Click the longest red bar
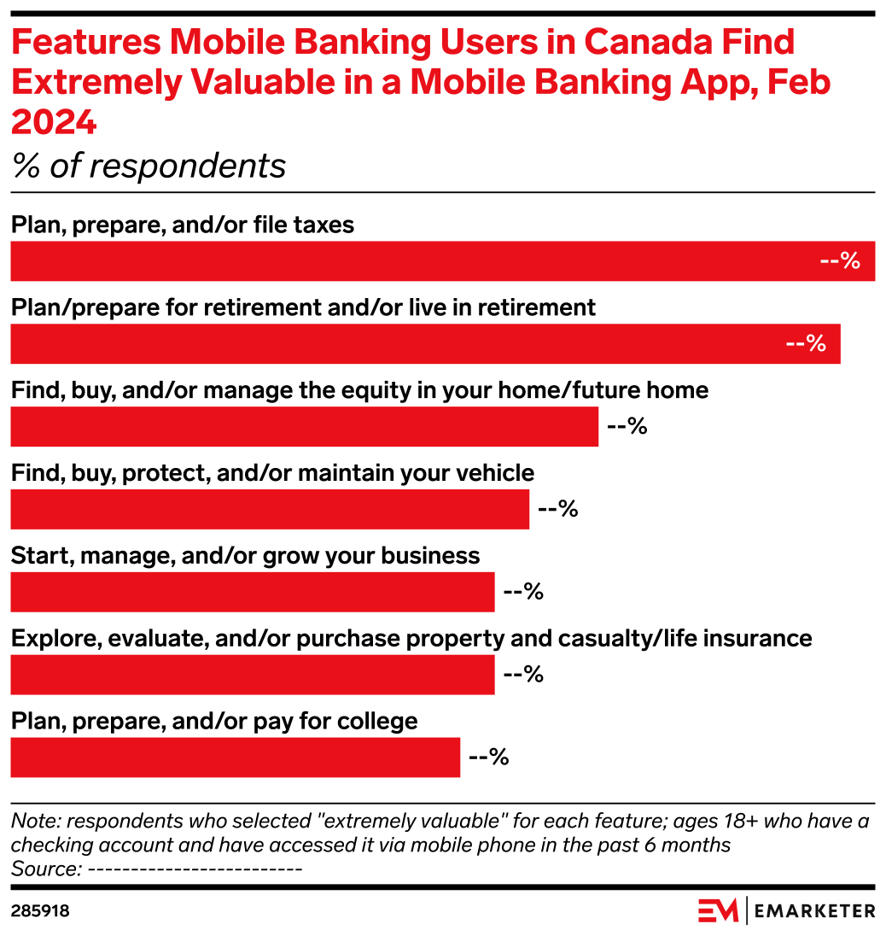click(442, 261)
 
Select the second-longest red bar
click(425, 344)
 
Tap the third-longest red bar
click(304, 427)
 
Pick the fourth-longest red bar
click(270, 509)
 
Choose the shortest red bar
click(235, 758)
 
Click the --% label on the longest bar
click(839, 261)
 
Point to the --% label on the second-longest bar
click(805, 344)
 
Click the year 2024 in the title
click(53, 125)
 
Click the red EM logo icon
click(718, 910)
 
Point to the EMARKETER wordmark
click(815, 911)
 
